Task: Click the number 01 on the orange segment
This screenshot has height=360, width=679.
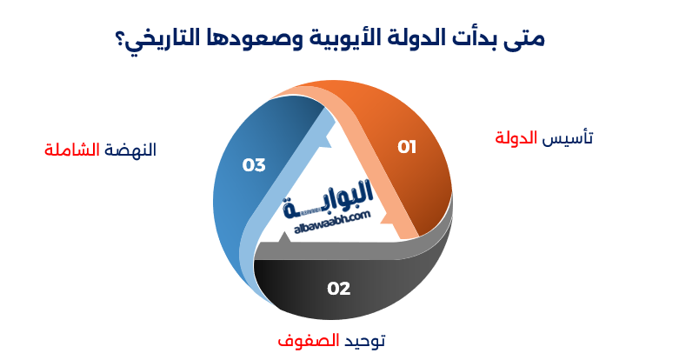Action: coord(407,147)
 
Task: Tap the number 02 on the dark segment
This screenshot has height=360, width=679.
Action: coord(338,288)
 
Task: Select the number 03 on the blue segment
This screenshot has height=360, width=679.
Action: coord(254,163)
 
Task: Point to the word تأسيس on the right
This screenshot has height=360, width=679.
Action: coord(569,138)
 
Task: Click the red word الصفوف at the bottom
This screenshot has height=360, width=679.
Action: coord(301,340)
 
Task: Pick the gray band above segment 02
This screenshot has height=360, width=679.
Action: coord(348,252)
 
